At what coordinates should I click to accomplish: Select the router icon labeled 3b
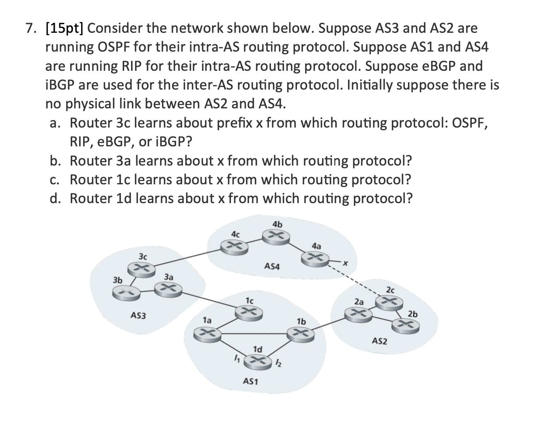[125, 293]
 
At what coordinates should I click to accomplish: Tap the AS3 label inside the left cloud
[138, 316]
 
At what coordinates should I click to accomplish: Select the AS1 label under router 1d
[251, 382]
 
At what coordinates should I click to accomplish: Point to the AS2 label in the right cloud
[379, 341]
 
